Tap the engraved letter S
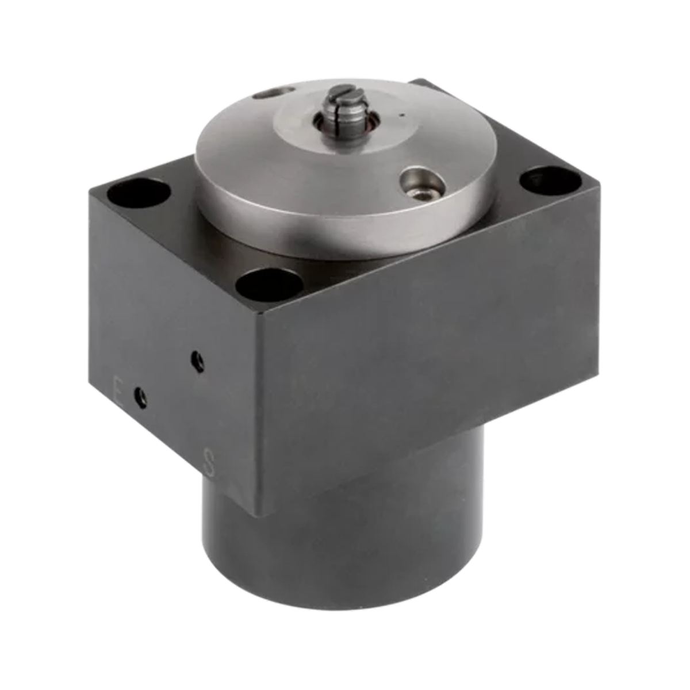tap(210, 461)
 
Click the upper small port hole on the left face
tap(198, 361)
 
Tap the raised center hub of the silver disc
tap(345, 124)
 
